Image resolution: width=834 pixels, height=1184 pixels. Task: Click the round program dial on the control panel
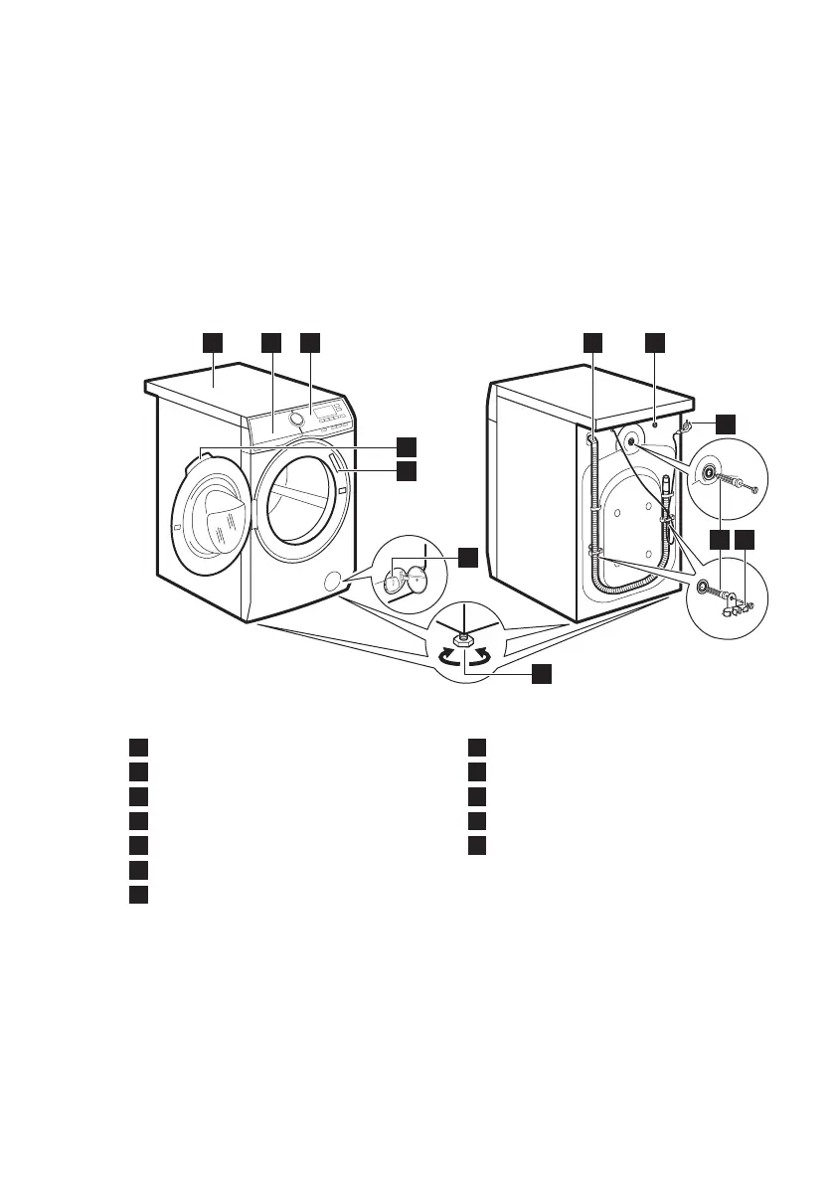click(297, 420)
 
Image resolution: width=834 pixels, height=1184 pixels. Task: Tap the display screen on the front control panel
click(325, 410)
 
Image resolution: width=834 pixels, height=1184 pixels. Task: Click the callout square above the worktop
click(212, 342)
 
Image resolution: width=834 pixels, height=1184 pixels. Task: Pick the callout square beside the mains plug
click(726, 423)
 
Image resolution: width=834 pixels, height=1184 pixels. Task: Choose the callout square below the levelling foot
click(540, 674)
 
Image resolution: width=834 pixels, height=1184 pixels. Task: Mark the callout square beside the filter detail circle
click(468, 558)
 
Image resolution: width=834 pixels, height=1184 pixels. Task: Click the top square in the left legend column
click(139, 748)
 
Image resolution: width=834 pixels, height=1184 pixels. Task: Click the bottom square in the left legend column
click(139, 893)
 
